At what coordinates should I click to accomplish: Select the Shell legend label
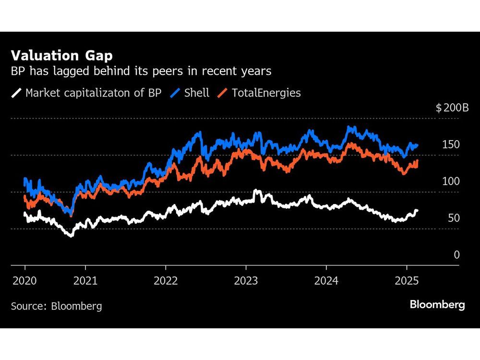[x=197, y=93]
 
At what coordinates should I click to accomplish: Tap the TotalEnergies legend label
[x=266, y=93]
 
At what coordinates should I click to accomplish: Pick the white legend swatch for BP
[x=17, y=93]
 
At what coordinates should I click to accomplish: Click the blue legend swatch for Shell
[x=175, y=93]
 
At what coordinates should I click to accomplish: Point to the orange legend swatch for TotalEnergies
[x=223, y=93]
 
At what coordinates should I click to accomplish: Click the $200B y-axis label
[x=452, y=108]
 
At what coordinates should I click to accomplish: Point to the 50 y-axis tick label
[x=454, y=218]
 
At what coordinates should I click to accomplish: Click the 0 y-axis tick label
[x=457, y=255]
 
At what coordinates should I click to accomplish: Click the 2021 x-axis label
[x=85, y=280]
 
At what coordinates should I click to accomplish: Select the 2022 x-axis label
[x=166, y=280]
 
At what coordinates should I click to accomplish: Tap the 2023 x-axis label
[x=246, y=280]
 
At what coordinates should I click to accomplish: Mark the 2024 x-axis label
[x=326, y=280]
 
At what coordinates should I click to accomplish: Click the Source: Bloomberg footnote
[x=56, y=306]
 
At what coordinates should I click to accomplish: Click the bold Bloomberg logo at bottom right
[x=437, y=305]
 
